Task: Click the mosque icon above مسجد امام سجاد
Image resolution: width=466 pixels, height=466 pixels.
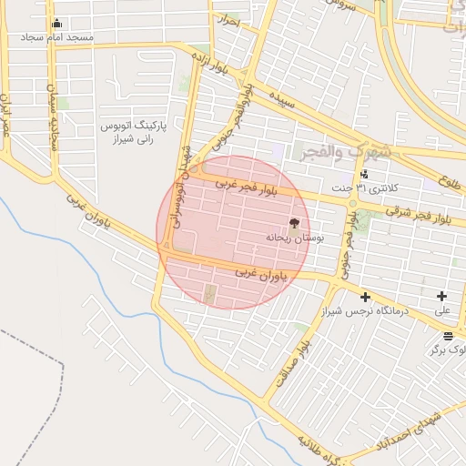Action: coord(58,24)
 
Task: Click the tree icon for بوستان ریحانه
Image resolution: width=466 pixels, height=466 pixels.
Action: coord(293,222)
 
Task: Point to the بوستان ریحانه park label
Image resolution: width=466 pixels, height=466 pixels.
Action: coord(289,237)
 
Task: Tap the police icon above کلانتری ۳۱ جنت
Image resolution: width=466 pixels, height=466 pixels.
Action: coord(365,174)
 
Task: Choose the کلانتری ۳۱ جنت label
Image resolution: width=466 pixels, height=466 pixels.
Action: coord(359,188)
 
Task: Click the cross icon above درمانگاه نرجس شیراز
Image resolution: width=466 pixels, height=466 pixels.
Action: coord(365,297)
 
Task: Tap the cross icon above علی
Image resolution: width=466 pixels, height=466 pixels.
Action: coord(442,296)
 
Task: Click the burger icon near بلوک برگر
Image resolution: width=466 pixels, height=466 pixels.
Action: coord(448,336)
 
